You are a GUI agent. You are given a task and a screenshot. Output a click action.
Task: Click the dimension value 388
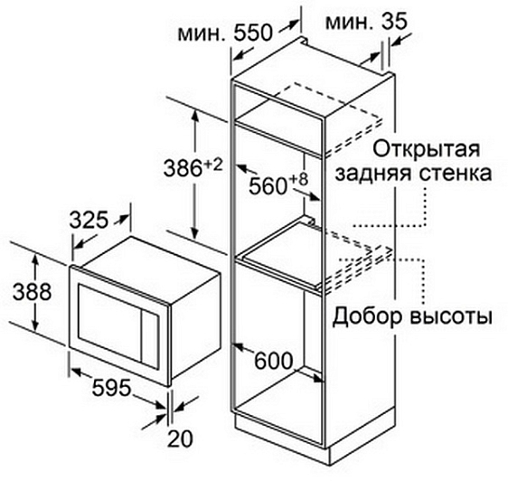point(32,292)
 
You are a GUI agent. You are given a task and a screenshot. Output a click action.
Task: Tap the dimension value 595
point(111,387)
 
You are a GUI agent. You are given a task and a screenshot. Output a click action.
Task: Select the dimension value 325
point(89,220)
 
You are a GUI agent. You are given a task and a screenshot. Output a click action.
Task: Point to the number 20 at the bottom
point(180,439)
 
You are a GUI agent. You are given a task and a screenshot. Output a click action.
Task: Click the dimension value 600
point(274,361)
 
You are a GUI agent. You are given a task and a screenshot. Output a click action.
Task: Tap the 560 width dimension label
point(268,186)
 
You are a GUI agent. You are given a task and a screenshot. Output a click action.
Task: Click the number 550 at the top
point(253,33)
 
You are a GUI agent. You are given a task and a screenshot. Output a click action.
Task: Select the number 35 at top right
point(393,22)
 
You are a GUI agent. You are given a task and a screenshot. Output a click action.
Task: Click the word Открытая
point(426,148)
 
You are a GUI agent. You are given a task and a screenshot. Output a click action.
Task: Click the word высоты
point(451,316)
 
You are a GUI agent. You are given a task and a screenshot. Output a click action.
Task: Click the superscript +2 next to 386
point(213,165)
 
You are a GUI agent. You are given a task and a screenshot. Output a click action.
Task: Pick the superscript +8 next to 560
point(298,180)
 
